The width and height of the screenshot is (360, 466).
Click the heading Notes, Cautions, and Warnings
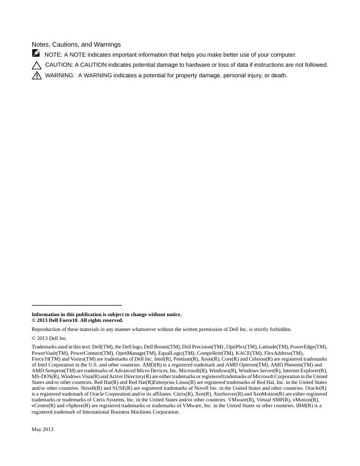[x=76, y=44]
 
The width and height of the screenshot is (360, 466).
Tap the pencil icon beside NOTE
[x=35, y=53]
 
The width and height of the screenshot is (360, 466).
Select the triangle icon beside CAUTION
[x=37, y=65]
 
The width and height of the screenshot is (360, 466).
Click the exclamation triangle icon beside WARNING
[x=37, y=76]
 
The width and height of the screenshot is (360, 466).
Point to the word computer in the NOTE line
[x=283, y=55]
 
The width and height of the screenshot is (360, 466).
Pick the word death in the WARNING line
[x=278, y=75]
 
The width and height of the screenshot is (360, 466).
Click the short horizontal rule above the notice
[x=76, y=305]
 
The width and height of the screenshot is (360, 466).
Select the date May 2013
[x=42, y=429]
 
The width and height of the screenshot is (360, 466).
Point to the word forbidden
[x=278, y=329]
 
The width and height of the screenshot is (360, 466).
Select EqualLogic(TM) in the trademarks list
[x=176, y=353]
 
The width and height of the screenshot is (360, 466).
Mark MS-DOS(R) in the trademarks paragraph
[x=45, y=377]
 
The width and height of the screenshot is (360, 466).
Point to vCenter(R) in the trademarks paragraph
[x=43, y=406]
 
